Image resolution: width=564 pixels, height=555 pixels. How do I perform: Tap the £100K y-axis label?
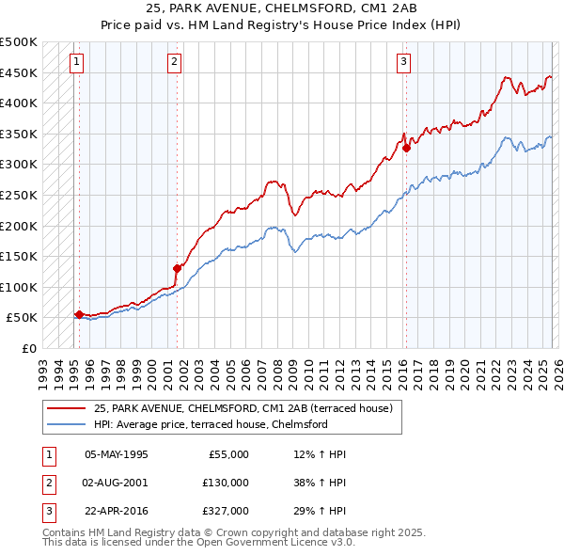(x=19, y=287)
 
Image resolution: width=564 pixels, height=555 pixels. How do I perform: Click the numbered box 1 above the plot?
(x=76, y=63)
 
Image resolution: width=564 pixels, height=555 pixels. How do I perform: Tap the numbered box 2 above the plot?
(x=175, y=63)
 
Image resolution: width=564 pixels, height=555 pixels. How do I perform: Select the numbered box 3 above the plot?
(x=403, y=63)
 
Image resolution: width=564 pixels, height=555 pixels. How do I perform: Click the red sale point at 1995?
(x=79, y=314)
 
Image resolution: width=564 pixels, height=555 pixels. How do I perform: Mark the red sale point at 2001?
(x=177, y=268)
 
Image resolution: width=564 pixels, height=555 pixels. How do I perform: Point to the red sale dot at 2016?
(x=406, y=148)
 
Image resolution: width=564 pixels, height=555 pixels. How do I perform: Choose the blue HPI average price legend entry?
(x=210, y=424)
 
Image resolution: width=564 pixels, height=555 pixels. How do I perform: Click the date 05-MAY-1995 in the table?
(x=117, y=454)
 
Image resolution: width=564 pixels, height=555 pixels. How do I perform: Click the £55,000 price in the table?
(x=227, y=454)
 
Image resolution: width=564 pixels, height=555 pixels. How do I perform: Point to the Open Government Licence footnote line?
(x=198, y=543)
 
